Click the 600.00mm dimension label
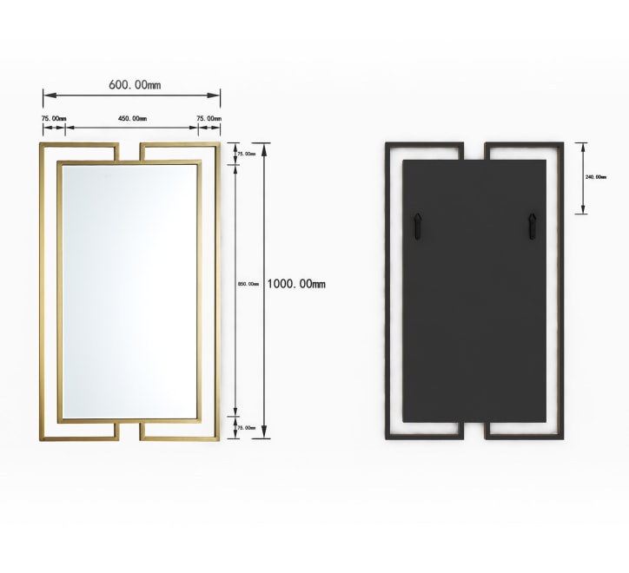pyautogui.click(x=135, y=85)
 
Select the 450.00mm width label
pyautogui.click(x=132, y=118)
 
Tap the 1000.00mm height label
pyautogui.click(x=296, y=284)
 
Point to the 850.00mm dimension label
pyautogui.click(x=248, y=284)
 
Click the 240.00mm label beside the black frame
pyautogui.click(x=596, y=177)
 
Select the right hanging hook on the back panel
pyautogui.click(x=531, y=227)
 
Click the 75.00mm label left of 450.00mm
pyautogui.click(x=53, y=118)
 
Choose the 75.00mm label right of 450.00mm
pyautogui.click(x=208, y=118)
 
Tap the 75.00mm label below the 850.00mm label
pyautogui.click(x=248, y=428)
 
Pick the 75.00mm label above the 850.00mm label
pyautogui.click(x=248, y=154)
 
